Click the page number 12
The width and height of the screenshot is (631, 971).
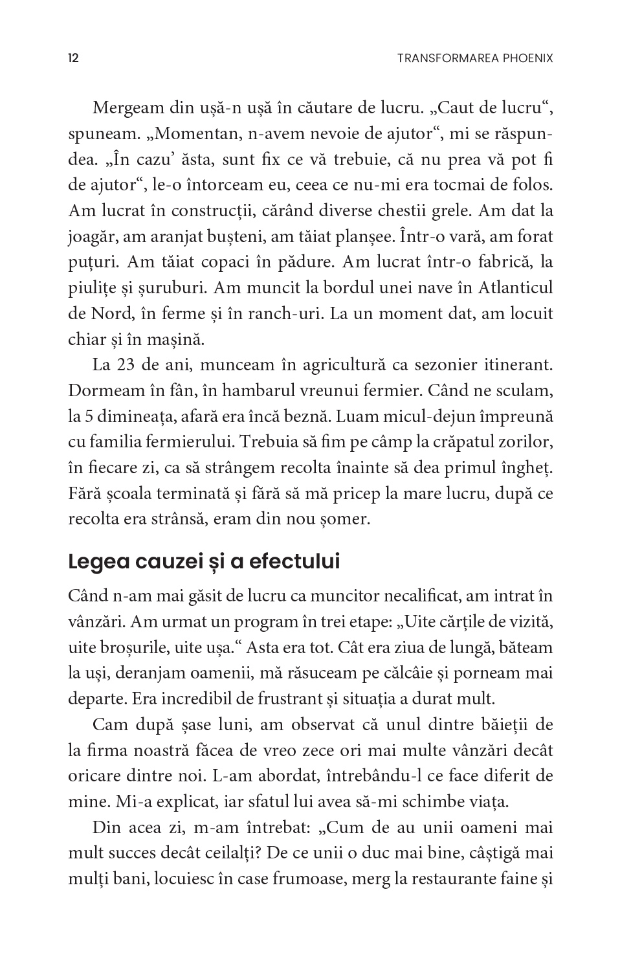click(x=73, y=58)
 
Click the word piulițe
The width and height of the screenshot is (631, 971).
click(x=90, y=288)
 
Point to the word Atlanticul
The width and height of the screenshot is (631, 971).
click(x=504, y=288)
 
